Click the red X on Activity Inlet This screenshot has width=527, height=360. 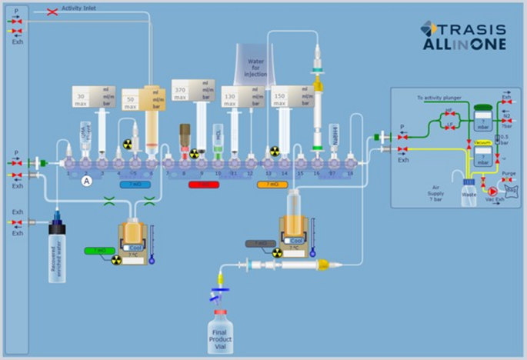point(52,12)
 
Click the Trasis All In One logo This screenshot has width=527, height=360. point(463,35)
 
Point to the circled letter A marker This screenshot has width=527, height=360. point(87,180)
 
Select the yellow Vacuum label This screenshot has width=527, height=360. point(482,142)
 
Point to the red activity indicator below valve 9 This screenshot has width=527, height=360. point(203,185)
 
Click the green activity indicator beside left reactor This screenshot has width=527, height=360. point(100,250)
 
